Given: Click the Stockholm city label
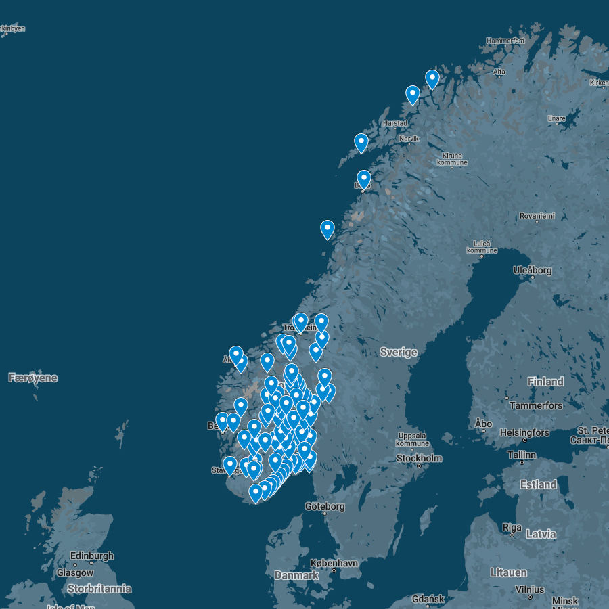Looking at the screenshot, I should (x=420, y=458).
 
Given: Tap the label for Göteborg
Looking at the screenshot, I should (x=325, y=506).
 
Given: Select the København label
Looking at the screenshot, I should (x=334, y=563).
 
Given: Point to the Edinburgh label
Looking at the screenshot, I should (x=92, y=556).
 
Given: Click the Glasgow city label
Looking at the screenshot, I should (x=75, y=572).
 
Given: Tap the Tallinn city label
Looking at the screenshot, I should (x=521, y=455).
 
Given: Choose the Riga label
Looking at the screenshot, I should (x=512, y=527).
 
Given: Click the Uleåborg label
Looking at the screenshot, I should (x=533, y=270).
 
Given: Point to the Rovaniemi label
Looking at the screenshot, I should (x=537, y=216).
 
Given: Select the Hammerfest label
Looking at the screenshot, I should (x=505, y=41).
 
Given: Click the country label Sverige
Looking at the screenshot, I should (x=399, y=352).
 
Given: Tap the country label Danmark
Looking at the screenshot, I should (x=296, y=575).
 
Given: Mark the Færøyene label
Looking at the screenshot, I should (x=32, y=378).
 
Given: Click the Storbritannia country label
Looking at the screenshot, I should (x=99, y=589).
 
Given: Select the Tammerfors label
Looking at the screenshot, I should (x=536, y=405).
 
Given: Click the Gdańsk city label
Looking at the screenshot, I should (x=428, y=599).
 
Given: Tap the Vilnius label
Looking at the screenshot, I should (x=530, y=589).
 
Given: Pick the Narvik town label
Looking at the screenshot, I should (x=409, y=139).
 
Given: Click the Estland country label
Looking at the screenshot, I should (x=539, y=484).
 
